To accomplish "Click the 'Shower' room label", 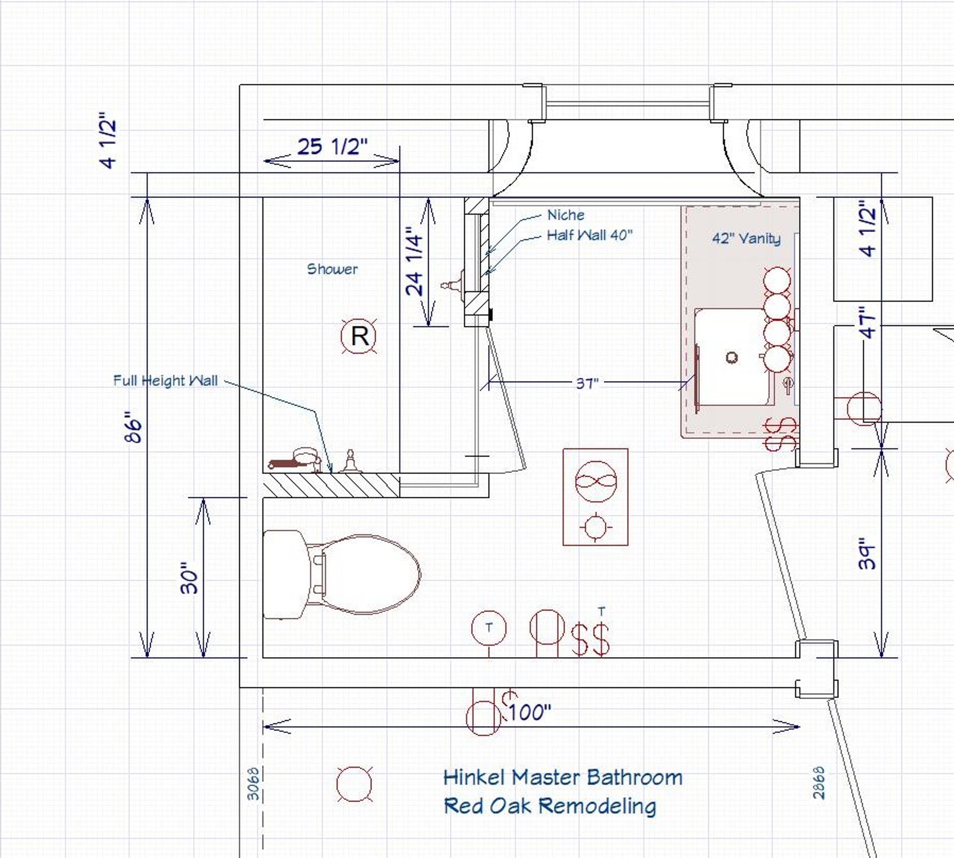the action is [x=332, y=269].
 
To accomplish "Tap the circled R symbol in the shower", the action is [x=359, y=336].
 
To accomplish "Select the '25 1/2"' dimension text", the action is [x=332, y=146].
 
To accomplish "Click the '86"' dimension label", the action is [x=134, y=427].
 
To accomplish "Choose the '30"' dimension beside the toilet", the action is [x=189, y=578].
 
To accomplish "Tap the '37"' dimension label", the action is [x=587, y=383].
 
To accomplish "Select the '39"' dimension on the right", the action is [x=867, y=554].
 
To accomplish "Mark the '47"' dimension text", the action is [x=868, y=323].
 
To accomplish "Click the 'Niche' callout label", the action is [x=566, y=215].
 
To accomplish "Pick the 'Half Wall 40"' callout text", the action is [x=590, y=235].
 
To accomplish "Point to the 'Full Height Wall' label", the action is [x=166, y=380].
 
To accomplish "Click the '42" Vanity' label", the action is [x=747, y=239].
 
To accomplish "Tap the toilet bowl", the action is [x=371, y=574].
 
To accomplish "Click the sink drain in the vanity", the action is [x=732, y=357].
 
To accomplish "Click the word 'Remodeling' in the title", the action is [x=598, y=806].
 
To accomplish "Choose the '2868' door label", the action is [x=819, y=783].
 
